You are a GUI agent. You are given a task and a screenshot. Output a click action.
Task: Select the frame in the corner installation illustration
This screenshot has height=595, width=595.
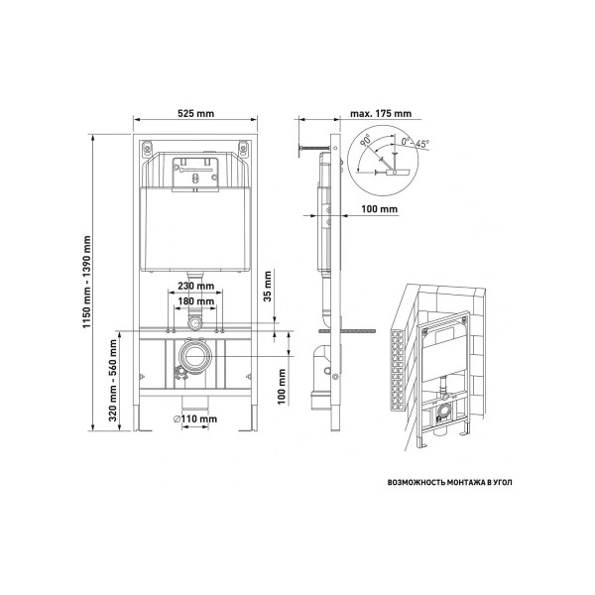pos(441,377)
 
